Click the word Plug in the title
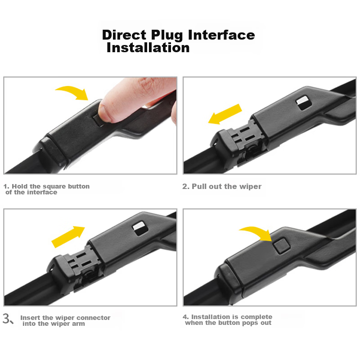[167, 36]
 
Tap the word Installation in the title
[148, 48]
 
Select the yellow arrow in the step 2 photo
[225, 114]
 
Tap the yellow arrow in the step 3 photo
[68, 237]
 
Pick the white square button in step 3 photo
[140, 228]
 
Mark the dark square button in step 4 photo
[281, 246]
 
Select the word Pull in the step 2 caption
[199, 186]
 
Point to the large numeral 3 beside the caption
[7, 319]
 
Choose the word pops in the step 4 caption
[250, 323]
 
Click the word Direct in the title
[124, 35]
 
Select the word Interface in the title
[221, 35]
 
